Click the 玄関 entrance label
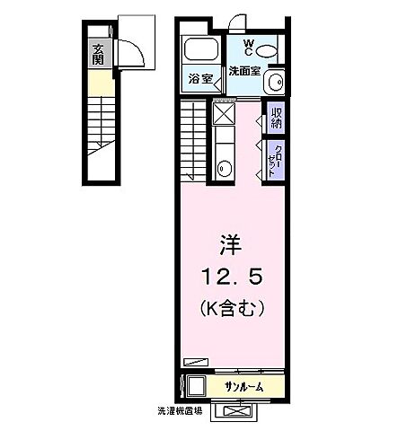pyautogui.click(x=97, y=56)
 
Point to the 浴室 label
pyautogui.click(x=199, y=79)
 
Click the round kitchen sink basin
pyautogui.click(x=225, y=167)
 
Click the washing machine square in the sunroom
pyautogui.click(x=195, y=387)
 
